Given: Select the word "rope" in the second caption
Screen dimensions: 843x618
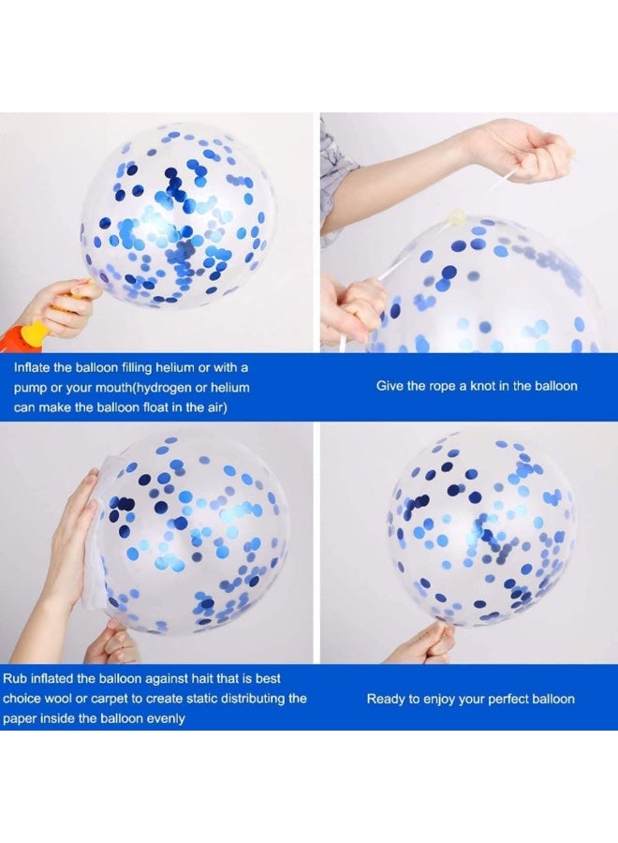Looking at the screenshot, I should pos(443,386).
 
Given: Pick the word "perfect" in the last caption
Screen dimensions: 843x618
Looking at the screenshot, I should pos(503,699).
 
